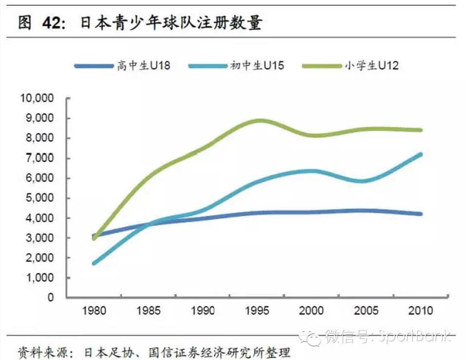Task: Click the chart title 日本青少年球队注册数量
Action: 171,23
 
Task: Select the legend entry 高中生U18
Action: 143,65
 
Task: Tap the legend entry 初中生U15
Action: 257,65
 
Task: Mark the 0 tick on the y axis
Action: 49,297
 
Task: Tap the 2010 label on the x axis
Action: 421,310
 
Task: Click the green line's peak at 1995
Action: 260,120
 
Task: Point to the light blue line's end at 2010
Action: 420,154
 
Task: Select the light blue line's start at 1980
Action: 93,264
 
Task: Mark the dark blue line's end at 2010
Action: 420,214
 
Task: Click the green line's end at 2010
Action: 420,130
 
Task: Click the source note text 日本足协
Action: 103,351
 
